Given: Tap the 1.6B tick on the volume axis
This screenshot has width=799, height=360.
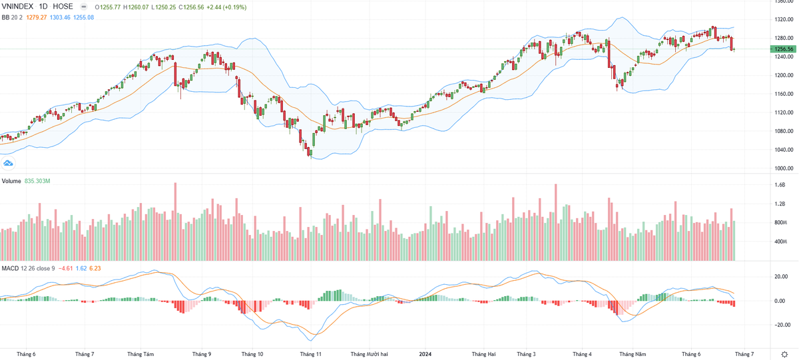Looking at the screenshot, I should coord(780,185).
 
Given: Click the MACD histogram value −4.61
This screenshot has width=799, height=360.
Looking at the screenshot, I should coord(65,268).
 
